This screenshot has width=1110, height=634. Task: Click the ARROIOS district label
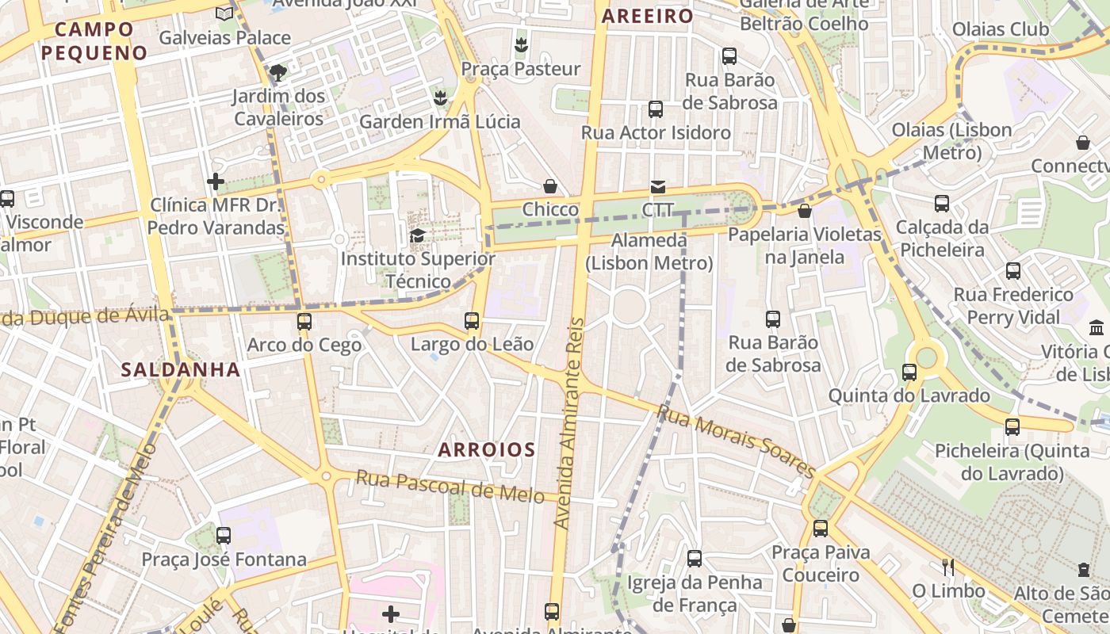[x=487, y=450]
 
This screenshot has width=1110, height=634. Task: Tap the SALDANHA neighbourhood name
[x=181, y=369]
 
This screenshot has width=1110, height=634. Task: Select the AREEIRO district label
[x=647, y=16]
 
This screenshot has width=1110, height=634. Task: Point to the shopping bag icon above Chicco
[x=550, y=186]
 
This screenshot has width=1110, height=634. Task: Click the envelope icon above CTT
[x=658, y=187]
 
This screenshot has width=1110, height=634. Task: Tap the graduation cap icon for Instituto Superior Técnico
[x=417, y=235]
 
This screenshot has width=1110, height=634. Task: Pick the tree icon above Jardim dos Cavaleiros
[x=277, y=73]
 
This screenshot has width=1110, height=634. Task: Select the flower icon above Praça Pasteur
[x=521, y=45]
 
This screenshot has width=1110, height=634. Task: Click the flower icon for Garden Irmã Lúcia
[x=440, y=98]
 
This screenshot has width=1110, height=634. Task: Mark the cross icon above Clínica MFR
[x=215, y=182]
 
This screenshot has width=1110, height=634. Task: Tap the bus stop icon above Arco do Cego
[x=304, y=322]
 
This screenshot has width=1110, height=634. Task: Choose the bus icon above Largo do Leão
[x=472, y=321]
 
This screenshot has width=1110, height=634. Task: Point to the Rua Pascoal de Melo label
[x=450, y=486]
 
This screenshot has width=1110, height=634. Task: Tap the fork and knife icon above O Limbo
[x=947, y=567]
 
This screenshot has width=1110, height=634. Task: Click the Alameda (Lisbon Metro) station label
[x=649, y=251]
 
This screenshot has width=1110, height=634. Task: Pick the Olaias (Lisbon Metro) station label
[x=952, y=140]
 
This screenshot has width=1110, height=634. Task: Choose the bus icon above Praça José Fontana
[x=224, y=536]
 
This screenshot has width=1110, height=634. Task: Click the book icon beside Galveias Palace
[x=224, y=13]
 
